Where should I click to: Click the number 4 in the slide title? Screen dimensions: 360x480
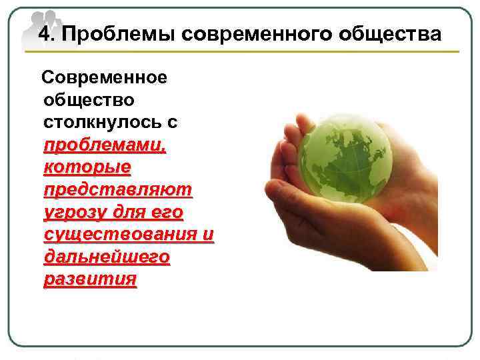[43, 34]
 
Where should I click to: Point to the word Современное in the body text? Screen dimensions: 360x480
[105, 77]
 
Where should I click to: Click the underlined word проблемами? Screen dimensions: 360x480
[105, 146]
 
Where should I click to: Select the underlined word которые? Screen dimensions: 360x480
[87, 168]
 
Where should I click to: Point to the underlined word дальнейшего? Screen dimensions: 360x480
[107, 258]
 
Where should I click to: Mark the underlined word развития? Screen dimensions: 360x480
[90, 280]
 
